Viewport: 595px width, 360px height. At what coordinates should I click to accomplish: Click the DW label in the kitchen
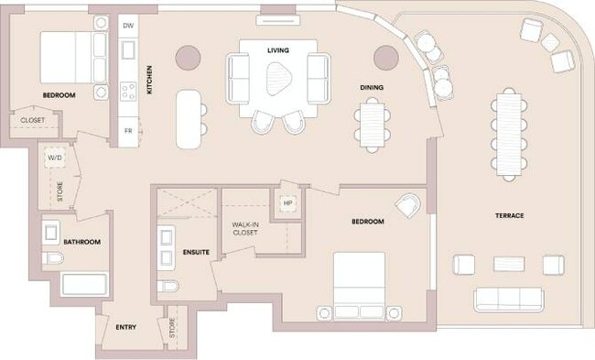tap(128, 27)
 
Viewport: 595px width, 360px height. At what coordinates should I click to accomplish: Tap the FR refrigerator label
tap(128, 131)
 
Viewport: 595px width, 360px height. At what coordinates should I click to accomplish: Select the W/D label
tap(54, 157)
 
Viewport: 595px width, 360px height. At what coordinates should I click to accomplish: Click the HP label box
tap(288, 203)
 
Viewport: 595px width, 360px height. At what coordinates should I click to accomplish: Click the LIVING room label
tap(278, 49)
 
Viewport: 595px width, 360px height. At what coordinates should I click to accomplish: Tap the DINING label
tap(371, 88)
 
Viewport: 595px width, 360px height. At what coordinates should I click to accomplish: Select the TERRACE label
tap(510, 216)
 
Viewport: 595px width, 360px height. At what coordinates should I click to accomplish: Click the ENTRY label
tap(126, 327)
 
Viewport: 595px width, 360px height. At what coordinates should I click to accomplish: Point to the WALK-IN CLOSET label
tap(244, 229)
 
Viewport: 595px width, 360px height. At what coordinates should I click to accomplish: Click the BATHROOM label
tap(81, 242)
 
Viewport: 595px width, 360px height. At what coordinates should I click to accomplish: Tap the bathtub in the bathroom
tap(83, 283)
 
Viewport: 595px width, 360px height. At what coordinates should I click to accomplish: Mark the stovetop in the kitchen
tap(129, 91)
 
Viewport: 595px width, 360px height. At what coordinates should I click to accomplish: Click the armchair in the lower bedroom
tap(409, 204)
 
